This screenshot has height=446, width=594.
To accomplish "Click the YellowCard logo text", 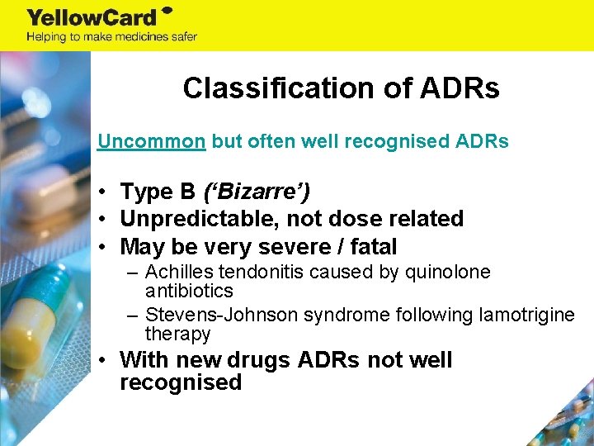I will pos(92,17).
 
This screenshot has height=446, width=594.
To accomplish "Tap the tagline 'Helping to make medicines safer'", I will pos(111,37).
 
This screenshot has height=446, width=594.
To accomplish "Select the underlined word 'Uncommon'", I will pos(151,141).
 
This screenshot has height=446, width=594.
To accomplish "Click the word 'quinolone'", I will pos(451,273).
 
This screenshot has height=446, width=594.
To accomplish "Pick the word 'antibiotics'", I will pos(189,291).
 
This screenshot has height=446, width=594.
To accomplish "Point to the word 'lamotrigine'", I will pos(530,316).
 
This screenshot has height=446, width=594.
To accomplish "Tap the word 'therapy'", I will pos(177,334).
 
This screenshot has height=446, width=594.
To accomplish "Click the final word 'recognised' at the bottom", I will pos(181,382).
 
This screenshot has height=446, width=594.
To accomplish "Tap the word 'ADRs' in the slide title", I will pos(459,88).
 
